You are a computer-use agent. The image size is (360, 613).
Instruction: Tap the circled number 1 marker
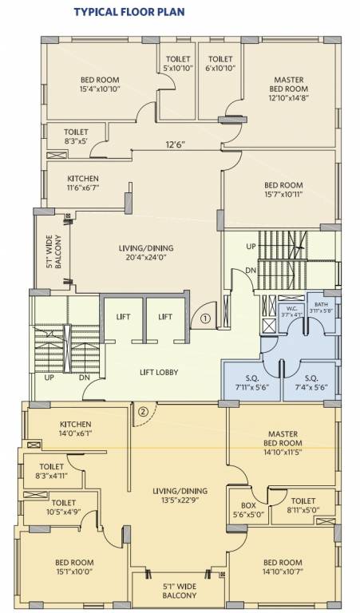pyautogui.click(x=205, y=318)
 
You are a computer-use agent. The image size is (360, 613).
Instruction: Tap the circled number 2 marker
pyautogui.click(x=142, y=412)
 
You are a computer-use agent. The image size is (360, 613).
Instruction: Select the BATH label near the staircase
pyautogui.click(x=320, y=307)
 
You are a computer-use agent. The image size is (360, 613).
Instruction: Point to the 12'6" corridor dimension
pyautogui.click(x=176, y=145)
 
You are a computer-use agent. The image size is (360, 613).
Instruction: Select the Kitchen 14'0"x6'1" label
pyautogui.click(x=76, y=429)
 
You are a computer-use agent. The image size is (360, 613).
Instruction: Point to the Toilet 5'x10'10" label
pyautogui.click(x=177, y=64)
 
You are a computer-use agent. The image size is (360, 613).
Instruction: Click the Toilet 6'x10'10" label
pyautogui.click(x=220, y=64)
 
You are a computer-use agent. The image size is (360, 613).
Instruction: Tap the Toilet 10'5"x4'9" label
pyautogui.click(x=64, y=507)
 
